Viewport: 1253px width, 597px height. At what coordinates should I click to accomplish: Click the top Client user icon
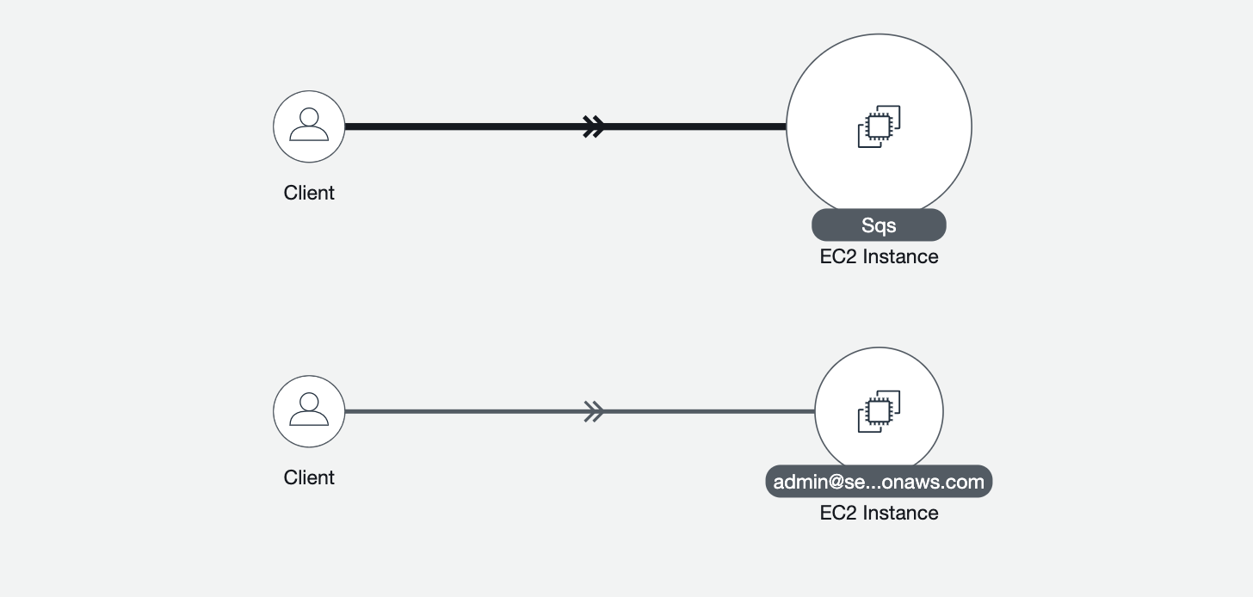click(x=309, y=126)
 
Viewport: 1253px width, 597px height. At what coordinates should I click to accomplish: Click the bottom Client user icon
click(x=309, y=411)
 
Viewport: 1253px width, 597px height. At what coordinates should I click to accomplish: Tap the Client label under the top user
click(x=309, y=193)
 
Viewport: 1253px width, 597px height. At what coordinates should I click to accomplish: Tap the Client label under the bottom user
click(x=309, y=477)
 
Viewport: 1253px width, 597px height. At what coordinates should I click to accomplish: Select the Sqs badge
click(x=879, y=225)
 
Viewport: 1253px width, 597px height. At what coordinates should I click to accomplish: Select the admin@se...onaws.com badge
click(x=879, y=482)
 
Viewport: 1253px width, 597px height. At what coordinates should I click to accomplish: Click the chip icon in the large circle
click(x=879, y=126)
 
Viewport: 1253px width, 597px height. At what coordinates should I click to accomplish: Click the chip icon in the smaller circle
click(x=879, y=411)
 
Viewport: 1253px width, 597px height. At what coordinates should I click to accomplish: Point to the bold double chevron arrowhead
click(x=593, y=126)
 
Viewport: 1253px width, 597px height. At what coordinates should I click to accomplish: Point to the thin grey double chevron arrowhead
click(x=593, y=411)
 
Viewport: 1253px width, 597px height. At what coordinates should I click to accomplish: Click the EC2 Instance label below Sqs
click(x=879, y=256)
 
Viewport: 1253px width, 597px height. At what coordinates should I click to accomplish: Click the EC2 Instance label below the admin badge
click(x=879, y=513)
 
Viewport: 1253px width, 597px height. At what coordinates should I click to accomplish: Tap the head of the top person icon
click(x=309, y=117)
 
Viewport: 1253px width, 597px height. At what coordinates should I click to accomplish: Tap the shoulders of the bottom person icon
click(x=309, y=420)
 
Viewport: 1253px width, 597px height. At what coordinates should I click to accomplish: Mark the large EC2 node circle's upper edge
click(x=879, y=34)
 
